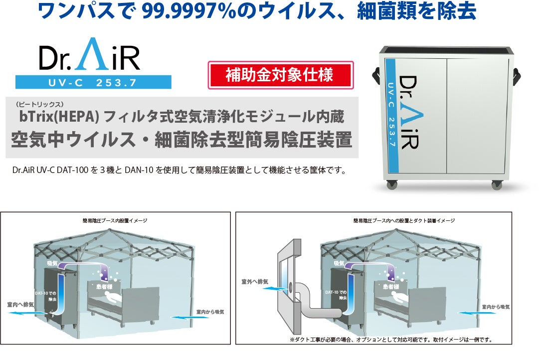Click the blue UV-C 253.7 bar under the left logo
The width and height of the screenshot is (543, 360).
(x=93, y=82)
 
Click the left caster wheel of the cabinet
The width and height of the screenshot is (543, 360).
(x=392, y=184)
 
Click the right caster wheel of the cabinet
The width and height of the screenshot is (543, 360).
(x=497, y=185)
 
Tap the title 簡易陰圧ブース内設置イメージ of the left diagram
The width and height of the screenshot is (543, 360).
(x=115, y=220)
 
